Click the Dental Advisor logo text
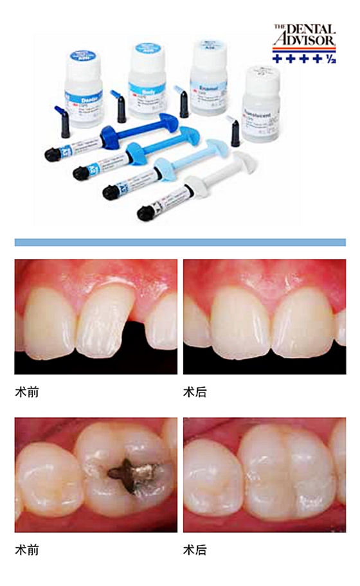(303, 36)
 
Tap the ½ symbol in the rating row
(330, 59)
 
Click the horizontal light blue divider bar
(180, 242)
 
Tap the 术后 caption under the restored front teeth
(195, 391)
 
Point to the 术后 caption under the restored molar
(195, 551)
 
